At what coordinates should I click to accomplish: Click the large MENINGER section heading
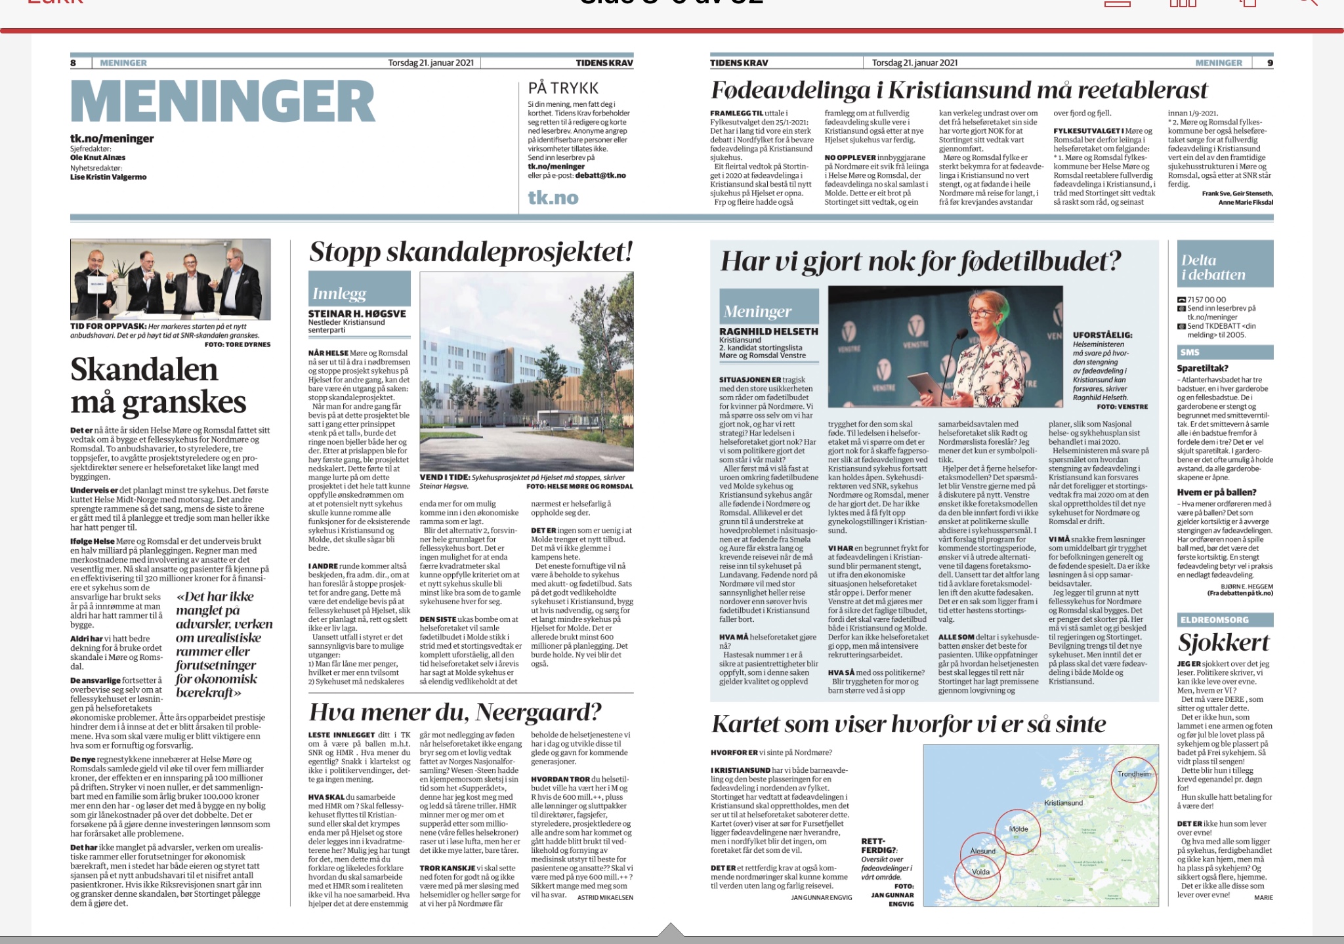click(222, 102)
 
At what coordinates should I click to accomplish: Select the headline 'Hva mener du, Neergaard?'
click(455, 712)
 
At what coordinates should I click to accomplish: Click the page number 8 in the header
click(73, 63)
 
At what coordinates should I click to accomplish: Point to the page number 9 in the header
click(1270, 63)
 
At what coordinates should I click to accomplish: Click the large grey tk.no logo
click(553, 197)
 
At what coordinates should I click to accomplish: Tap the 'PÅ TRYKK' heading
click(563, 88)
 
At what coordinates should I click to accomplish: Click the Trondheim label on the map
click(1134, 774)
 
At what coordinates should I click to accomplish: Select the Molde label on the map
click(1018, 829)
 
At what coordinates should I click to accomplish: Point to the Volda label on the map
click(980, 872)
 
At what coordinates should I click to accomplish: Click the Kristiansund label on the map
click(1063, 803)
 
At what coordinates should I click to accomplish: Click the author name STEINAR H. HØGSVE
click(357, 314)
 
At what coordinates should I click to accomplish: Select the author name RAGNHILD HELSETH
click(768, 331)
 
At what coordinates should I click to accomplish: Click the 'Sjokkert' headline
click(1223, 642)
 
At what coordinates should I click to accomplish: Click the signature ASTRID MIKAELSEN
click(605, 897)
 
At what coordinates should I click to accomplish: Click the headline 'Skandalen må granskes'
click(158, 386)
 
